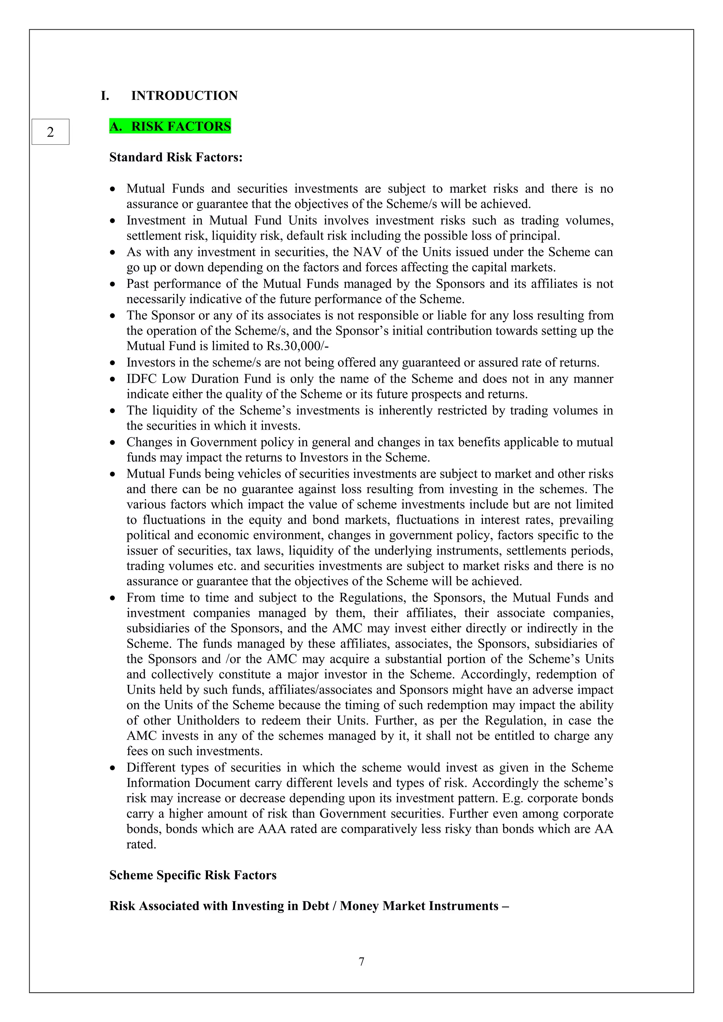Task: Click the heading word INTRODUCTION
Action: point(184,96)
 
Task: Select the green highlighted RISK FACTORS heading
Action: point(170,126)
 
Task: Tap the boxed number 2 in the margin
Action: point(50,132)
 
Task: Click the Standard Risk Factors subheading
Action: point(176,157)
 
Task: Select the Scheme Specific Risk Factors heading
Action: point(193,875)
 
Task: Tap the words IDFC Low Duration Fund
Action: point(198,379)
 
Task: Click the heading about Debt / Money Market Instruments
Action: point(309,906)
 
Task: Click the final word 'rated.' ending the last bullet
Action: point(141,844)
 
